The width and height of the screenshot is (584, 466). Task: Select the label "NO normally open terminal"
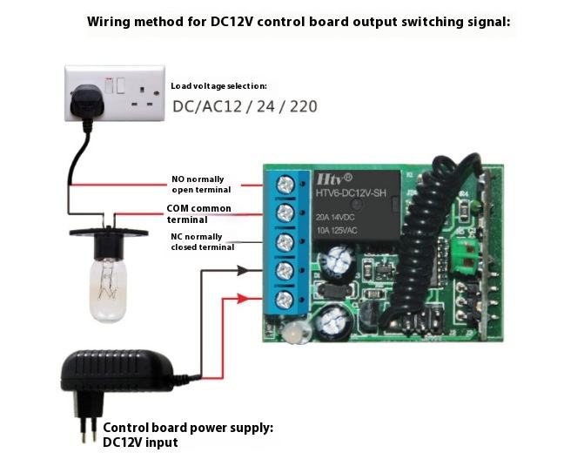coord(201,185)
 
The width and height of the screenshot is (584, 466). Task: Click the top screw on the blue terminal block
coord(284,184)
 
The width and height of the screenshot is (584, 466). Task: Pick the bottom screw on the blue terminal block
coord(284,300)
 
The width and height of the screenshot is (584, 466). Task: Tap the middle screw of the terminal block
coord(284,241)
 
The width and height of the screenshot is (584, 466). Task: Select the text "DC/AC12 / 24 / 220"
coord(245,107)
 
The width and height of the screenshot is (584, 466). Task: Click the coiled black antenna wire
coord(427,244)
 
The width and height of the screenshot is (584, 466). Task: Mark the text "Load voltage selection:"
coord(218,86)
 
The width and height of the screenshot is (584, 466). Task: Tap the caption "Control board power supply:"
coord(188,428)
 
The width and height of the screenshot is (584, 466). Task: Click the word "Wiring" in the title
coord(111,21)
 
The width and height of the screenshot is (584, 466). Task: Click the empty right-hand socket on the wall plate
coord(143,97)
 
